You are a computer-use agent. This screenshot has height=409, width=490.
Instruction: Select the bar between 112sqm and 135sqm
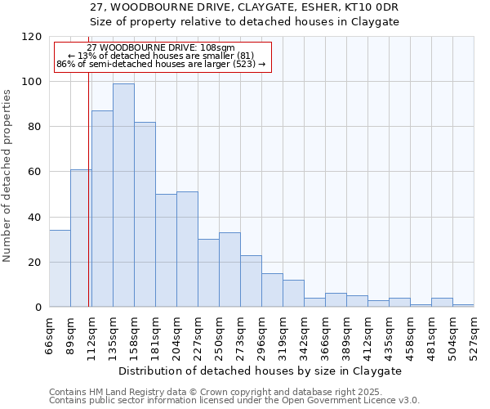click(x=102, y=209)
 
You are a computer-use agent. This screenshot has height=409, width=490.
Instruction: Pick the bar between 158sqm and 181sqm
click(x=145, y=214)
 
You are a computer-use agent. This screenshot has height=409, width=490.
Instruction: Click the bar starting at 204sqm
click(x=187, y=249)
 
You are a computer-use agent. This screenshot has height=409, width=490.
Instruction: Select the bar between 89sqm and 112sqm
click(x=81, y=238)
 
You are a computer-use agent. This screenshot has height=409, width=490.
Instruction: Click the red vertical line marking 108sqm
click(x=88, y=204)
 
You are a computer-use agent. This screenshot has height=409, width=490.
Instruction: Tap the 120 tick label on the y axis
click(x=32, y=37)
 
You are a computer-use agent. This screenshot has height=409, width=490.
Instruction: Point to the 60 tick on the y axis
click(x=35, y=172)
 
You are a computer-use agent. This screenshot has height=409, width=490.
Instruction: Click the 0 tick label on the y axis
click(x=38, y=308)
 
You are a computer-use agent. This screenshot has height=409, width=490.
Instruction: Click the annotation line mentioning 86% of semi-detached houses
click(x=161, y=64)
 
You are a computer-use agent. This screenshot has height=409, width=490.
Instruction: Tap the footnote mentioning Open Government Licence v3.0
click(x=234, y=401)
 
